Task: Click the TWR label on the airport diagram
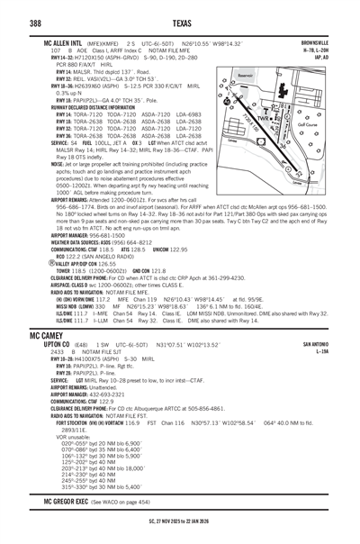coord(265,118)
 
